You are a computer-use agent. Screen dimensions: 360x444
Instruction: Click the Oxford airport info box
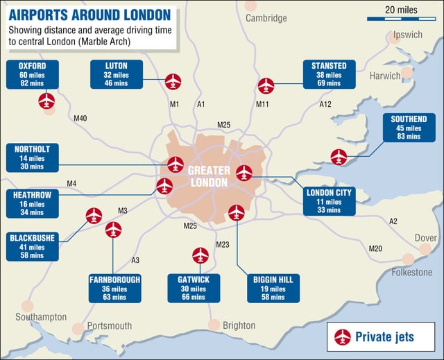(x=33, y=74)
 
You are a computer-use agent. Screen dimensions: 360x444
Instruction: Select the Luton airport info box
(x=116, y=74)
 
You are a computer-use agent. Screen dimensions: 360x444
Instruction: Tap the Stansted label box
(x=330, y=74)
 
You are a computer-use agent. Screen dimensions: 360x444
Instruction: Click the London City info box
(x=330, y=201)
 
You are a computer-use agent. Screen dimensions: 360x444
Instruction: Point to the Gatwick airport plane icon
(x=200, y=255)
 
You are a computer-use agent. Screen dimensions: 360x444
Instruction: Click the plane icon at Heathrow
(x=164, y=186)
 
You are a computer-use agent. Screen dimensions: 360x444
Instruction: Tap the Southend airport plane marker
(x=339, y=157)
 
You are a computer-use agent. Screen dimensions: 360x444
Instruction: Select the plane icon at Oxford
(x=46, y=101)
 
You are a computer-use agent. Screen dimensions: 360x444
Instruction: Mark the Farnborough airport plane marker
(x=113, y=230)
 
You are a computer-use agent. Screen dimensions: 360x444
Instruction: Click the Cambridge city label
(x=266, y=18)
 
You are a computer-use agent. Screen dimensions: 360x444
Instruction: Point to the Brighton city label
(x=239, y=325)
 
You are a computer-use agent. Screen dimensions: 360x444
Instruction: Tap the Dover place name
(x=425, y=238)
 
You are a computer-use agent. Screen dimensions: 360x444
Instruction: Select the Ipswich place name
(x=407, y=35)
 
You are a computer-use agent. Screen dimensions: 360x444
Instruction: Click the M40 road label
(x=80, y=119)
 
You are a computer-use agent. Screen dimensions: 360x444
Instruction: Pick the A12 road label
(x=325, y=104)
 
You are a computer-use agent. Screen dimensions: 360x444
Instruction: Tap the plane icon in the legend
(x=342, y=337)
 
